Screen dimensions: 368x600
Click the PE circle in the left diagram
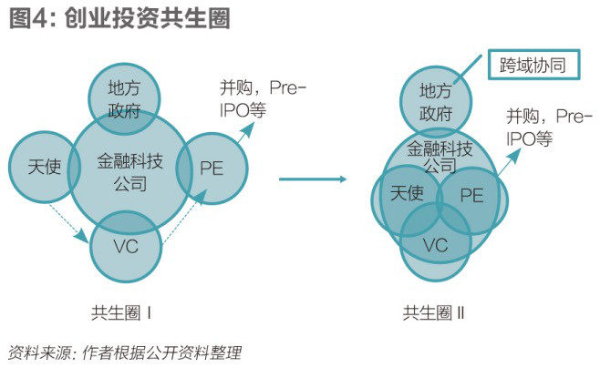coord(212,168)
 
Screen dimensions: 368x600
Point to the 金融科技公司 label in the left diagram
coord(129,172)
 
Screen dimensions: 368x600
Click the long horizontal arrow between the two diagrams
coord(316,179)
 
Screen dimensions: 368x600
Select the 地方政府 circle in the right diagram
coord(436,100)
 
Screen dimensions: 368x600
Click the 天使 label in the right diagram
coord(407,194)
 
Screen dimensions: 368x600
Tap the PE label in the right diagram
coord(471,195)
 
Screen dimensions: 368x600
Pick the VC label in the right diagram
coord(436,244)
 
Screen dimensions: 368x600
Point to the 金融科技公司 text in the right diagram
coord(440,157)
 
